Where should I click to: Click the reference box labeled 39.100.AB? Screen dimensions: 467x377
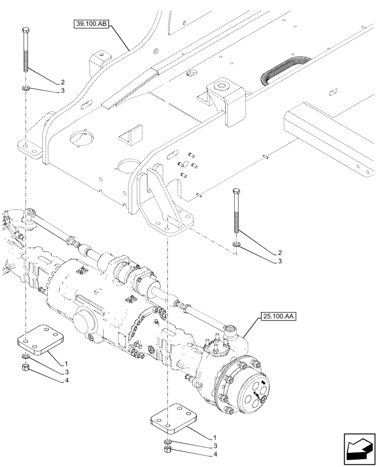[x=91, y=24]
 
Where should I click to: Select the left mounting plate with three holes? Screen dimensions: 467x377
[x=40, y=340]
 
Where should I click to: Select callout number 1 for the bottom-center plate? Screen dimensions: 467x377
[x=214, y=438]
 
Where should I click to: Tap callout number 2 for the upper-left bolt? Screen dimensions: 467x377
[x=62, y=82]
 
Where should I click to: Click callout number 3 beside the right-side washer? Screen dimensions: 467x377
[x=279, y=262]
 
